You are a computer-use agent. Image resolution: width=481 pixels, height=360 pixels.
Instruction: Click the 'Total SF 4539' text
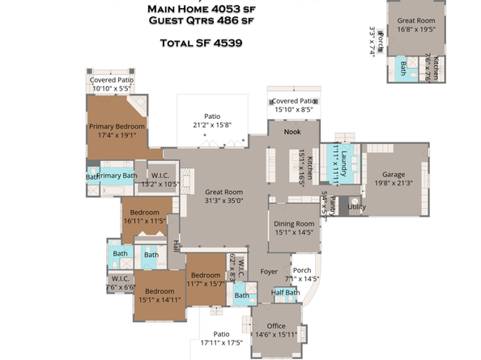202,42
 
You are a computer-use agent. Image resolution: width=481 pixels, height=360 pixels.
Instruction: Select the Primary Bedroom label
117,126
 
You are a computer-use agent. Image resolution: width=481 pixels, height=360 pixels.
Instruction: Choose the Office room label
276,324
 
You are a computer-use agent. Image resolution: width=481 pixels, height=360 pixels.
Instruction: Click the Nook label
292,131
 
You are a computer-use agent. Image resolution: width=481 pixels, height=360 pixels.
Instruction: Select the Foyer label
269,272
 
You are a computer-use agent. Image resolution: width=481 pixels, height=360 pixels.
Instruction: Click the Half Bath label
284,292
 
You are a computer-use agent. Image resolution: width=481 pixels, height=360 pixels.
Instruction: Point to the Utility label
357,208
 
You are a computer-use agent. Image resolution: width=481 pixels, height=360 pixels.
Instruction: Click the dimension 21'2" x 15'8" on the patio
212,125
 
